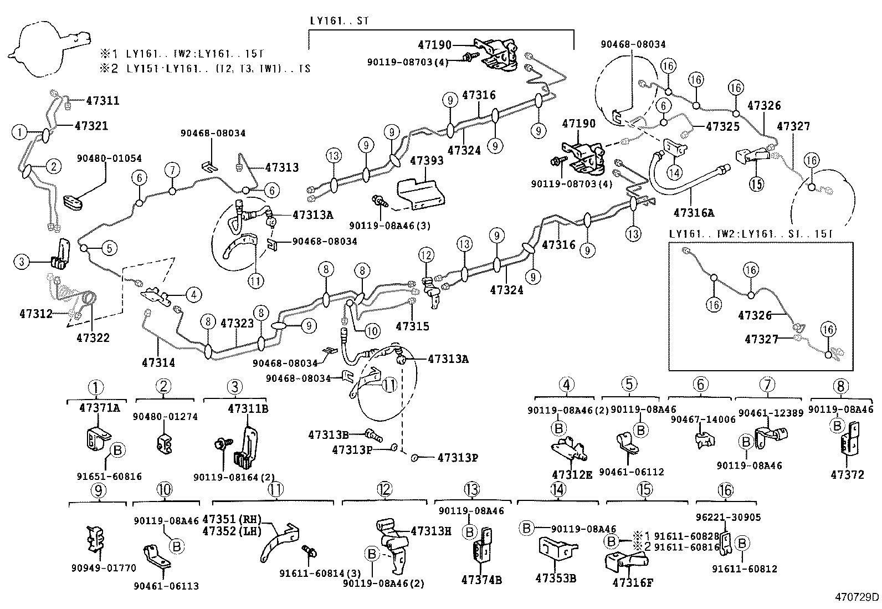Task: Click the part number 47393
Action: pos(427,161)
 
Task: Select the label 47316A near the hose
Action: pos(694,212)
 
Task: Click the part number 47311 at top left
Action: pos(102,101)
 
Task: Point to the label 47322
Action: pos(93,337)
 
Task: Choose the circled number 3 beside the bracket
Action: pos(22,261)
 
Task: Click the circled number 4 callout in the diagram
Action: pos(193,295)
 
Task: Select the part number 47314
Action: pos(158,362)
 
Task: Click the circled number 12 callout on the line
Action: pos(425,255)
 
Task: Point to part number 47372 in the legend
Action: pos(847,475)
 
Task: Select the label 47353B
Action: pos(556,579)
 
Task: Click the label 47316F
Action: pos(633,582)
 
